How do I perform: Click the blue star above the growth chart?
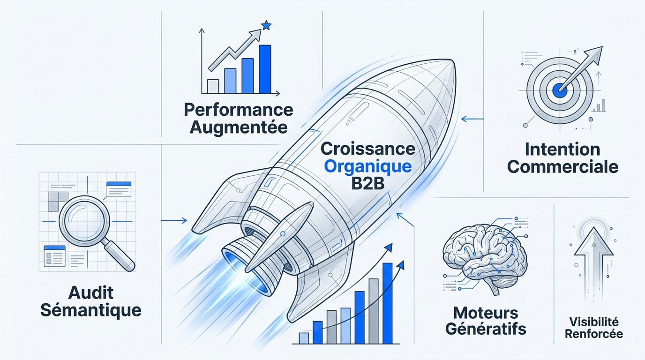click(x=266, y=25)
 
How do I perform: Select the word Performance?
click(x=239, y=110)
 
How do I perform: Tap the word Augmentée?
click(x=239, y=127)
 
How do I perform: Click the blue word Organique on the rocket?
click(x=367, y=167)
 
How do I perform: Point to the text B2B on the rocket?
click(x=367, y=183)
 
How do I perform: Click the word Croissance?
click(x=367, y=149)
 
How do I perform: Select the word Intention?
click(x=562, y=150)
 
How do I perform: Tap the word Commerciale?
click(x=562, y=167)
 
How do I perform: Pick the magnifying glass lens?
click(x=84, y=221)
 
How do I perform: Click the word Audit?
click(x=91, y=293)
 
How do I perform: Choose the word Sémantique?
click(x=91, y=310)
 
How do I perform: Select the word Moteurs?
click(x=486, y=313)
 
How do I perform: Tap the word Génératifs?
click(x=486, y=329)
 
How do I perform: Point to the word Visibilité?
click(x=594, y=322)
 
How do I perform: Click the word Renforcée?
click(x=594, y=334)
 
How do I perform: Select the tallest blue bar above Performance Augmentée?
click(x=265, y=69)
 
